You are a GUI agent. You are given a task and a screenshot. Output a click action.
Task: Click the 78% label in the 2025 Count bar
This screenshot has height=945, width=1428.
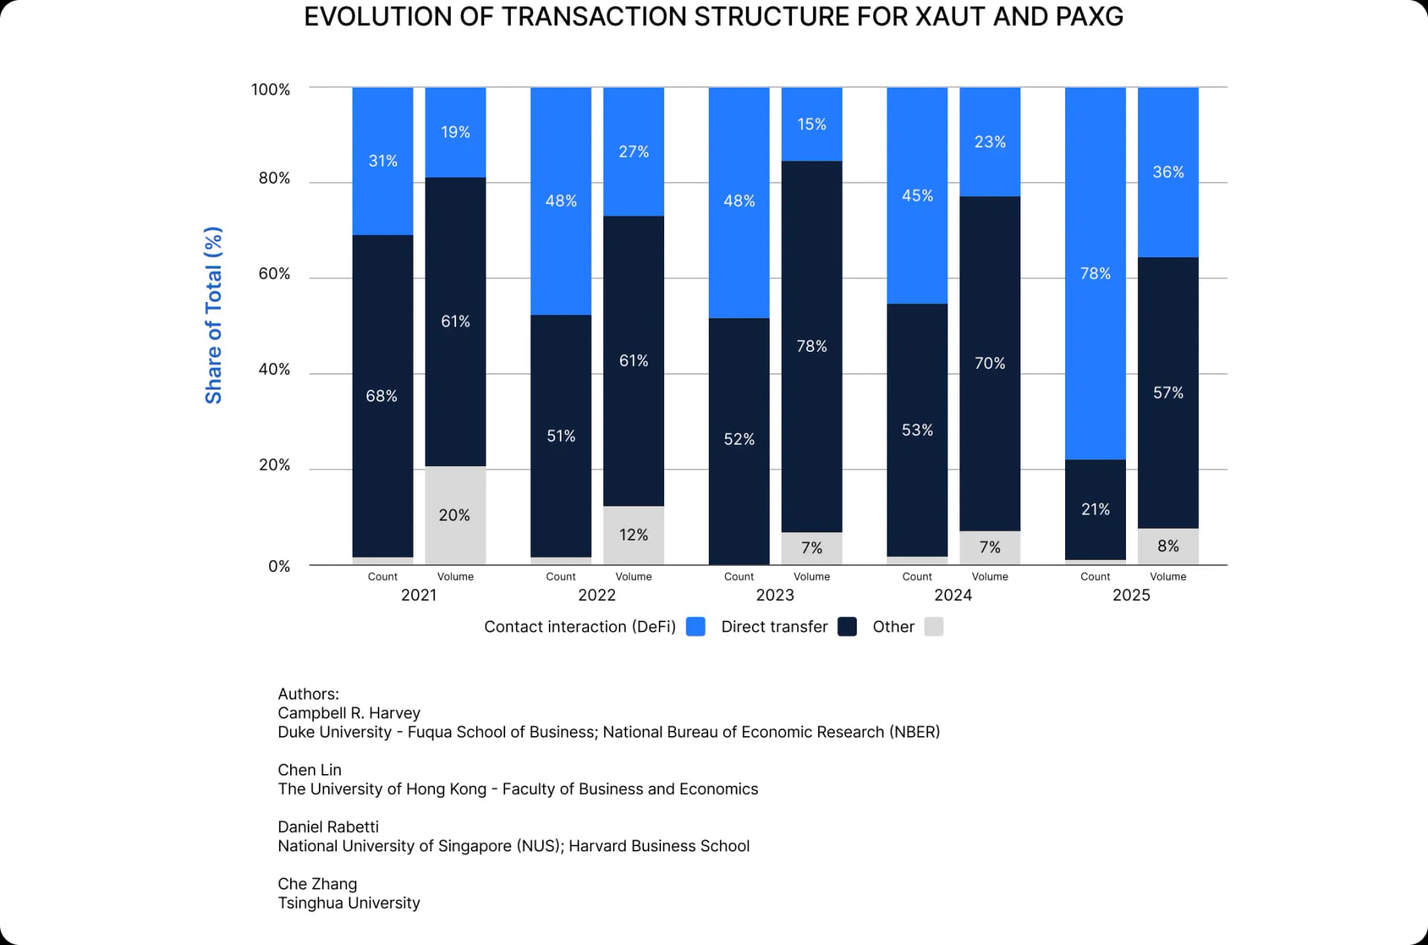(x=1095, y=274)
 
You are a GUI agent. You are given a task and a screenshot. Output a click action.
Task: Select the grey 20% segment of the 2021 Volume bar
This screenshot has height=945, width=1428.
(x=454, y=515)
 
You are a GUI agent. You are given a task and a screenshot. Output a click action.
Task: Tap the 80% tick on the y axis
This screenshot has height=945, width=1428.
(x=274, y=178)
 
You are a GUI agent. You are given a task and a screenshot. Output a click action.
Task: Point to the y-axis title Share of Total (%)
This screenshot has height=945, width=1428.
(x=213, y=315)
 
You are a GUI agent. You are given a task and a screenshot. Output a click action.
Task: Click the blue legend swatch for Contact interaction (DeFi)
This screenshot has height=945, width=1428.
(x=695, y=627)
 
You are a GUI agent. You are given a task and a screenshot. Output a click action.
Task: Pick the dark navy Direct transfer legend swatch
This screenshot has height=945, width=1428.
(x=846, y=627)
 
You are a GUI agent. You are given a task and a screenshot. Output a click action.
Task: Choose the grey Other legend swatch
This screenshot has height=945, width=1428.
(x=933, y=627)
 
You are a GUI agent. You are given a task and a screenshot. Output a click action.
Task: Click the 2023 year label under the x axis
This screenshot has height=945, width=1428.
(x=774, y=595)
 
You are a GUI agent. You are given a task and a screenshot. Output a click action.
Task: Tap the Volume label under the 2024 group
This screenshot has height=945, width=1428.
(x=989, y=576)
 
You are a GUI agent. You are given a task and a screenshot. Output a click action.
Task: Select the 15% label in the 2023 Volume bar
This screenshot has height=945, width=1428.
(x=811, y=124)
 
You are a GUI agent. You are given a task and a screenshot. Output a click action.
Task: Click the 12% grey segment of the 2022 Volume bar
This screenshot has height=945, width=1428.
(x=633, y=535)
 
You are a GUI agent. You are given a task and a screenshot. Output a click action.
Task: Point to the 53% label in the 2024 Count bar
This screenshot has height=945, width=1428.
(x=916, y=430)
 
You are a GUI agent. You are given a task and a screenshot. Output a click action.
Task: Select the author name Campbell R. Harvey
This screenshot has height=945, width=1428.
(x=349, y=712)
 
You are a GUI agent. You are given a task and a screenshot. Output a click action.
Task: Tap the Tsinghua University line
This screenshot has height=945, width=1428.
(x=349, y=903)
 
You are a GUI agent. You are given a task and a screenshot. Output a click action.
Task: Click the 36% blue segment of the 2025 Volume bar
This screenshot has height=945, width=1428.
(x=1168, y=172)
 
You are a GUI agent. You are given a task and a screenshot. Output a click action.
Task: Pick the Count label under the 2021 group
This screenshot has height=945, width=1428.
(x=382, y=576)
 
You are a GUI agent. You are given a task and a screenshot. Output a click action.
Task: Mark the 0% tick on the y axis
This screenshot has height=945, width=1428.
(x=279, y=567)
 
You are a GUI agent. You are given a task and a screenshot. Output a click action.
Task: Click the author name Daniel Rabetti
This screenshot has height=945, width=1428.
(x=328, y=826)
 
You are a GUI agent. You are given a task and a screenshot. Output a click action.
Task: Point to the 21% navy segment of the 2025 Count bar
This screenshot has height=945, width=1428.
(x=1095, y=509)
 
